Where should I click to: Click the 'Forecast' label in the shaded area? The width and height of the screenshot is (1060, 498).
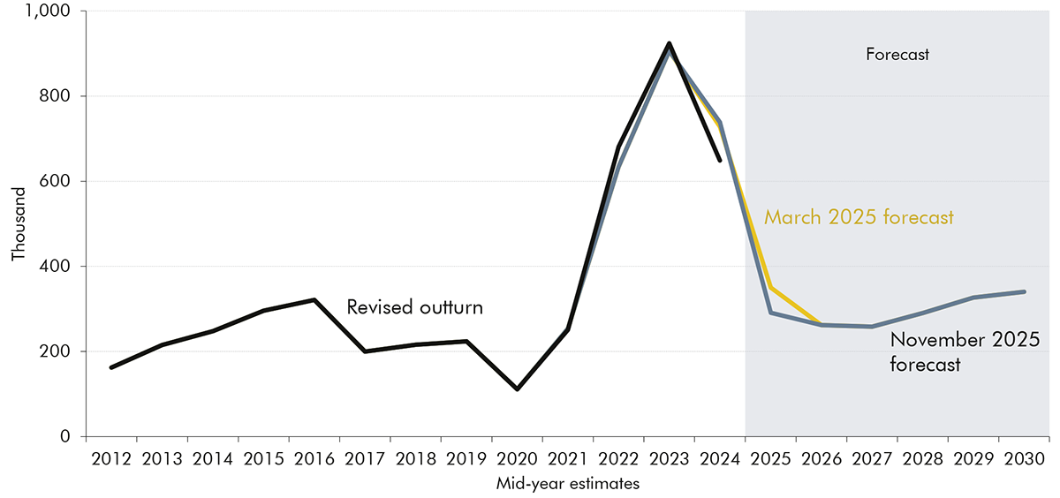tap(897, 55)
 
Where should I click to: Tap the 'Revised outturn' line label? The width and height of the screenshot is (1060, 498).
tap(414, 307)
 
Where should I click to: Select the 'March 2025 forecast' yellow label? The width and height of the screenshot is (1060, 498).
tap(859, 217)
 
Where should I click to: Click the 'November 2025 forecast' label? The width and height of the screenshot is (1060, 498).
tap(964, 351)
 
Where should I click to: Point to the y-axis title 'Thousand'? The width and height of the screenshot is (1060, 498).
tap(19, 226)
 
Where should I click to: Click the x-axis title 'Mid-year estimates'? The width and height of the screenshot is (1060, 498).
tap(567, 483)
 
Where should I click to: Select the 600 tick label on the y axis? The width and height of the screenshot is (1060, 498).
tap(61, 181)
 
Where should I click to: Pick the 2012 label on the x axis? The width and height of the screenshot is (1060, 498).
tap(110, 460)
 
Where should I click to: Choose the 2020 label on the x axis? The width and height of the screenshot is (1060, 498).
tap(517, 460)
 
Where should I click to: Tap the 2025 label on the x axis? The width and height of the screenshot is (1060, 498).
tap(770, 460)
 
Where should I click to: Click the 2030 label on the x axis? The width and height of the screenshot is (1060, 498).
tap(1024, 460)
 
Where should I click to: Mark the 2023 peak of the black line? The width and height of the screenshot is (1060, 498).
tap(669, 43)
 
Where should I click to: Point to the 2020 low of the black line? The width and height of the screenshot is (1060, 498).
tap(517, 389)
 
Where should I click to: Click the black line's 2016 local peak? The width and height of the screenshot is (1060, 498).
tap(314, 300)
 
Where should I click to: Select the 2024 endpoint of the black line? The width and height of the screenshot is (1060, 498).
tap(720, 161)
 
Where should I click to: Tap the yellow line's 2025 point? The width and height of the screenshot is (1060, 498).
tap(770, 288)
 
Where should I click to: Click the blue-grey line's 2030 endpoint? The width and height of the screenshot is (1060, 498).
tap(1024, 291)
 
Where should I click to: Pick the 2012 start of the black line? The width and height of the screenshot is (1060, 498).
tap(110, 367)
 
